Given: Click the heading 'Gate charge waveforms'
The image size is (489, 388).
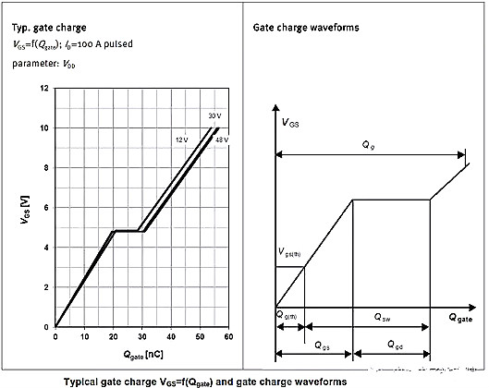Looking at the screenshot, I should [x=306, y=29].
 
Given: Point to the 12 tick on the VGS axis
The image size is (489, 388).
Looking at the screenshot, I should [x=44, y=89].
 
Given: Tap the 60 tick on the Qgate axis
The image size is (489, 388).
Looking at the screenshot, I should [x=226, y=335].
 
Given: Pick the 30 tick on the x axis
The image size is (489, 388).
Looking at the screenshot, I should [x=141, y=335].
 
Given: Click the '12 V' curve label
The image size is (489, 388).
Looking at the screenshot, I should [x=182, y=139].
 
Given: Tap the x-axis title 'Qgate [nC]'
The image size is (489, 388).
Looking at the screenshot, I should [x=141, y=352].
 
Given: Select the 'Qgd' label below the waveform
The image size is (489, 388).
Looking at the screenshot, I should [x=395, y=347].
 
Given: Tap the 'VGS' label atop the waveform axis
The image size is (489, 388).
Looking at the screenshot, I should [x=289, y=121].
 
